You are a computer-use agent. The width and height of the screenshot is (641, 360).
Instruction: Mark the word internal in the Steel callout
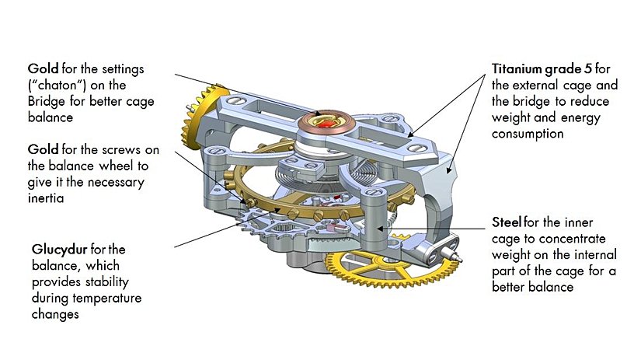tap(577, 254)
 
